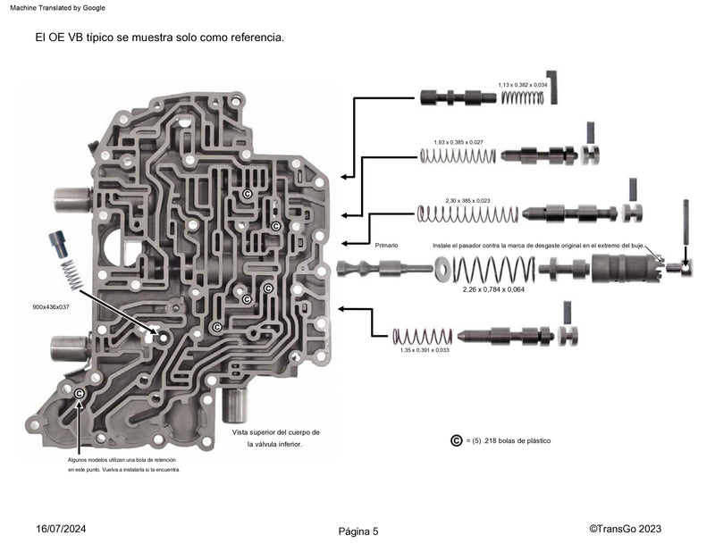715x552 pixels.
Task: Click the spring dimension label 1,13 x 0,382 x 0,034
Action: pyautogui.click(x=523, y=85)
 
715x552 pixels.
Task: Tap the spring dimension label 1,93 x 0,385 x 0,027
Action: pyautogui.click(x=458, y=142)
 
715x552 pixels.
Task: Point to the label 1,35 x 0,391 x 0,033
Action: pyautogui.click(x=425, y=350)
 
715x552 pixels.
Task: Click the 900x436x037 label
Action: pyautogui.click(x=50, y=306)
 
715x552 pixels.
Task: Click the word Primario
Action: pyautogui.click(x=386, y=245)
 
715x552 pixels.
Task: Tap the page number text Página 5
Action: pyautogui.click(x=358, y=531)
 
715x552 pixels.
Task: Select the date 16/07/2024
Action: pyautogui.click(x=62, y=529)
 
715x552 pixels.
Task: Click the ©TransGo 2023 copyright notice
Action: pyautogui.click(x=625, y=529)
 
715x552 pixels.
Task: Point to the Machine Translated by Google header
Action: pyautogui.click(x=57, y=7)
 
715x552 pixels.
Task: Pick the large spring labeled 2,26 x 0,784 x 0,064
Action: pyautogui.click(x=493, y=268)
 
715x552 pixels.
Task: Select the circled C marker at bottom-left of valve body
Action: pyautogui.click(x=80, y=394)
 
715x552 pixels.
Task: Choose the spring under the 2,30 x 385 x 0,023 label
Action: pyautogui.click(x=467, y=214)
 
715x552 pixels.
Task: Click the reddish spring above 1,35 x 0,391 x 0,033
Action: pyautogui.click(x=423, y=337)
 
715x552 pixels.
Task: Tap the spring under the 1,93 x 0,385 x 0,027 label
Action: pyautogui.click(x=458, y=155)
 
